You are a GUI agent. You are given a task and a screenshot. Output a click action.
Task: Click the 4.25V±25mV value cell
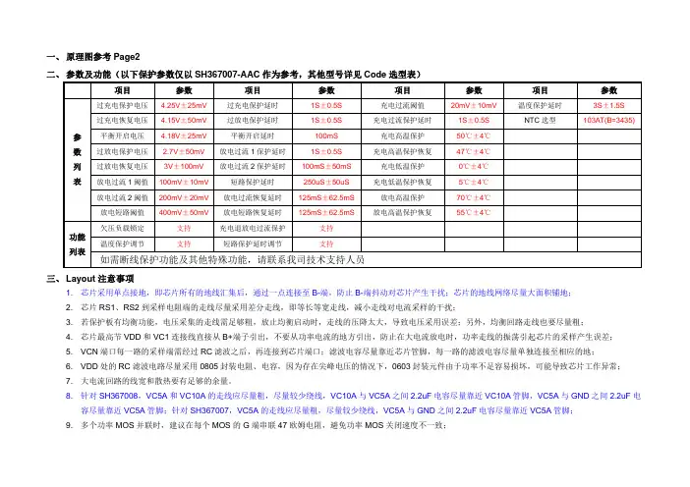(183, 104)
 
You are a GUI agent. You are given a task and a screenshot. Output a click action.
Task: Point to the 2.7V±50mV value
(183, 151)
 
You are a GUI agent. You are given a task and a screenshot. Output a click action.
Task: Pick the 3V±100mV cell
(183, 167)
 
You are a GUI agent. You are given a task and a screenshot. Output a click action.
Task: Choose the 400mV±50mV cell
(183, 211)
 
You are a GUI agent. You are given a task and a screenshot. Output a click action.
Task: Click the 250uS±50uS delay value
(326, 182)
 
